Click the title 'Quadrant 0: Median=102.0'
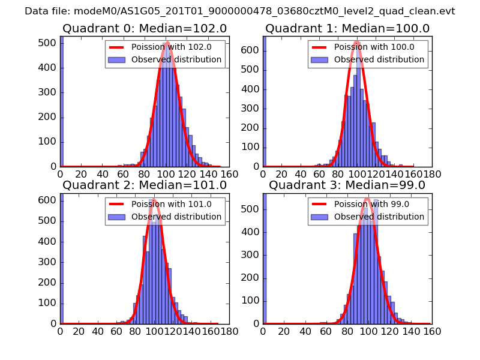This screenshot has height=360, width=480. [x=145, y=29]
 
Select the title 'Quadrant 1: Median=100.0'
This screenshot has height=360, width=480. [x=347, y=29]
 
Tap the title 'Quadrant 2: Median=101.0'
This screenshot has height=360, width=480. [x=145, y=185]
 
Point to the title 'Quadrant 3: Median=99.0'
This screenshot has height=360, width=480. [x=347, y=185]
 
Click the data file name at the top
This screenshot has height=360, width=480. [x=240, y=11]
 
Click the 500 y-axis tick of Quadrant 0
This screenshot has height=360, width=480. [x=48, y=43]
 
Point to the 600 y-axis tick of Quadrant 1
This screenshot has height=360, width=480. [x=251, y=50]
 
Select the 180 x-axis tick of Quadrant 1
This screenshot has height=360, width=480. [x=431, y=174]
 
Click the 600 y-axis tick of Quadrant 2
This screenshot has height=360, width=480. [x=48, y=200]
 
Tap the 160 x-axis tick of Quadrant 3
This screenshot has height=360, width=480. [x=431, y=331]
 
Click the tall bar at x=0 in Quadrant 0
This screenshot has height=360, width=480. [x=62, y=102]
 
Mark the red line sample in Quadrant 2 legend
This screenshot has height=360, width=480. [x=118, y=204]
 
